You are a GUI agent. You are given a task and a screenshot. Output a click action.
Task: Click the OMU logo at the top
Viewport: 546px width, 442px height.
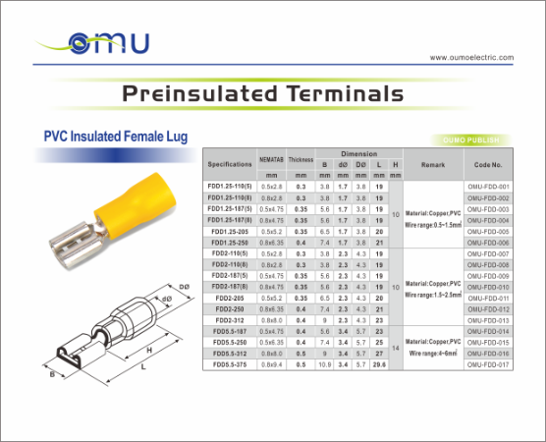[x=109, y=43]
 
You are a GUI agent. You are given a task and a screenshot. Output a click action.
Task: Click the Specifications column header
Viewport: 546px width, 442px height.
[x=231, y=164]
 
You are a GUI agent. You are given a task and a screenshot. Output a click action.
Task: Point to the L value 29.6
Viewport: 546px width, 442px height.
[x=379, y=364]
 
